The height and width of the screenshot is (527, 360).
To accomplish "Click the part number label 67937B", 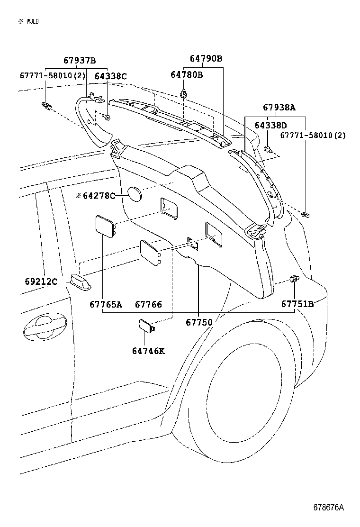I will pyautogui.click(x=80, y=60).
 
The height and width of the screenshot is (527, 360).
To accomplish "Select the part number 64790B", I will pyautogui.click(x=206, y=59).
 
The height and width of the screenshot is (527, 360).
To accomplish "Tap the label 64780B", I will pyautogui.click(x=187, y=74).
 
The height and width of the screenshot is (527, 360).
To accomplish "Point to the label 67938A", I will pyautogui.click(x=279, y=108).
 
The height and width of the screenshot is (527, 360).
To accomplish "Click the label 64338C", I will pyautogui.click(x=110, y=76).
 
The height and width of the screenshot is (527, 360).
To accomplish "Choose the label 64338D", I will pyautogui.click(x=270, y=125).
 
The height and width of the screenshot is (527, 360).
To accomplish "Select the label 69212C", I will pyautogui.click(x=41, y=282).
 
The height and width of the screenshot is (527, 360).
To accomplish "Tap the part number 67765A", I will pyautogui.click(x=106, y=304).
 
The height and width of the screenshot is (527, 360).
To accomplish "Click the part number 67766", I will pyautogui.click(x=148, y=304).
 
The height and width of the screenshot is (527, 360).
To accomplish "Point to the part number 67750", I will pyautogui.click(x=199, y=322).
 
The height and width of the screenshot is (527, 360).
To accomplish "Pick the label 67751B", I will pyautogui.click(x=297, y=304).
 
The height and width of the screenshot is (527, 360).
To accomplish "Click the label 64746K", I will pyautogui.click(x=148, y=351).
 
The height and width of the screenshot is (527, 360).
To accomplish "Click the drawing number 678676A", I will pyautogui.click(x=328, y=507).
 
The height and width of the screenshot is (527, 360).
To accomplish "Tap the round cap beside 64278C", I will pyautogui.click(x=135, y=194).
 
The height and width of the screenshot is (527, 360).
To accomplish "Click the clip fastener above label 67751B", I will pyautogui.click(x=294, y=279).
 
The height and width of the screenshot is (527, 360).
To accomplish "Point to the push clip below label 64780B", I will pyautogui.click(x=184, y=93).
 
